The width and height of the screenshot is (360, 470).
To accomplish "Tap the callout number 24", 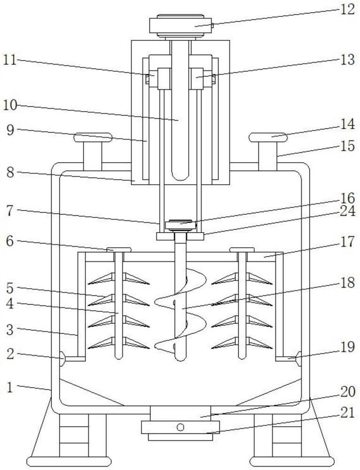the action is [347, 211].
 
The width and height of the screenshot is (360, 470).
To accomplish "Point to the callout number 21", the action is [347, 413].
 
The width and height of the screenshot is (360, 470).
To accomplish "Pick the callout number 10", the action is [11, 105].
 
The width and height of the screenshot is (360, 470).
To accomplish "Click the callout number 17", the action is [347, 242].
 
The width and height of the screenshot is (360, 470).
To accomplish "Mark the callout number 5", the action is [10, 288].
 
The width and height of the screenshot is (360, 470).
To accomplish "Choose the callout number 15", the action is [347, 146].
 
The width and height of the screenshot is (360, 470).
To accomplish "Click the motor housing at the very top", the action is [180, 26].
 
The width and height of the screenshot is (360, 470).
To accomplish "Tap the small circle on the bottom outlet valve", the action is [180, 427].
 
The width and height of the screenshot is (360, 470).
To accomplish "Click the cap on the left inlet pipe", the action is [93, 138].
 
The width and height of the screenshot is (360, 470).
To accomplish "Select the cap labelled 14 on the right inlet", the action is [268, 137].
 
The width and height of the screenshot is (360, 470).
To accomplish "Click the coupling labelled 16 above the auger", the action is [180, 225].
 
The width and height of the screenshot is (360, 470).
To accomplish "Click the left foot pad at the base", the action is [69, 462].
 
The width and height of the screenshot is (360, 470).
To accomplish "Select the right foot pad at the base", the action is [292, 462].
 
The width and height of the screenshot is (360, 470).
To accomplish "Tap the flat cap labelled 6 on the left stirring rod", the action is [119, 250].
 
